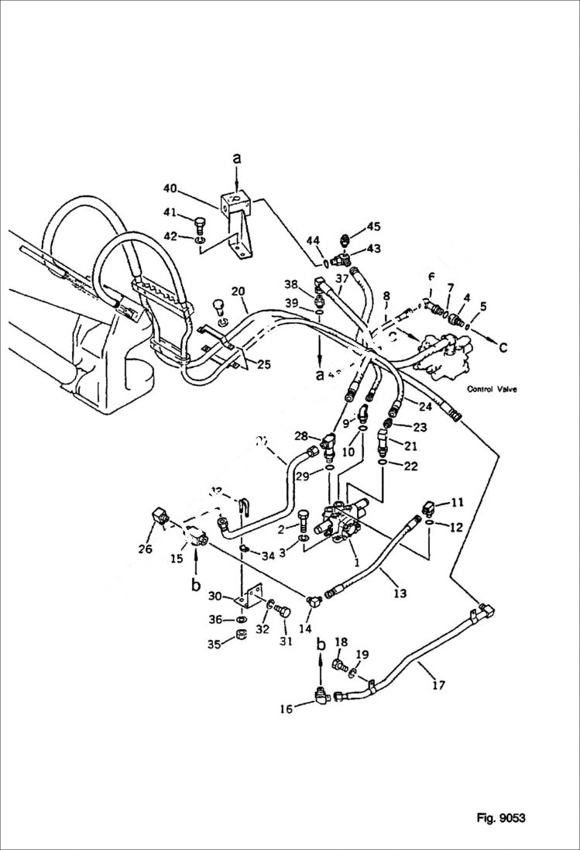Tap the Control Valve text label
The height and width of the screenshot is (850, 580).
tap(492, 390)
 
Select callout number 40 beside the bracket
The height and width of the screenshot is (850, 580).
tap(170, 188)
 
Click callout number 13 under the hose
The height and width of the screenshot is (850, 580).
tap(400, 594)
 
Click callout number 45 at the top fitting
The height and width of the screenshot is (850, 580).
tap(373, 226)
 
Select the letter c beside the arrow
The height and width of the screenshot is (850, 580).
tap(504, 346)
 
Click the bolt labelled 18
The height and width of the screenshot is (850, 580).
tap(338, 665)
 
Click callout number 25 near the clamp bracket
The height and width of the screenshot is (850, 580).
tap(264, 365)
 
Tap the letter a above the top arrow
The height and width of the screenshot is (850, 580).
tap(238, 158)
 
